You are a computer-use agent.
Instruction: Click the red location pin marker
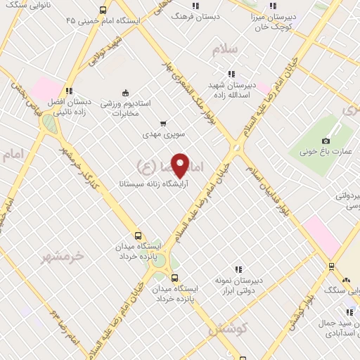click(181, 165)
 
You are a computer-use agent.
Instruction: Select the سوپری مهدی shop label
click(163, 133)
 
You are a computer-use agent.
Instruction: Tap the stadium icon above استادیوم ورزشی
click(126, 92)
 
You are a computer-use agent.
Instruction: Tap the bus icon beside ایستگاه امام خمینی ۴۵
click(103, 10)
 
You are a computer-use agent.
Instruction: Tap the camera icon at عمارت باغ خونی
click(326, 141)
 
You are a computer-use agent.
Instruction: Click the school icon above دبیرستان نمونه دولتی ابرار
click(239, 269)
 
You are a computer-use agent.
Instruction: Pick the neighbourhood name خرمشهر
click(63, 256)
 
